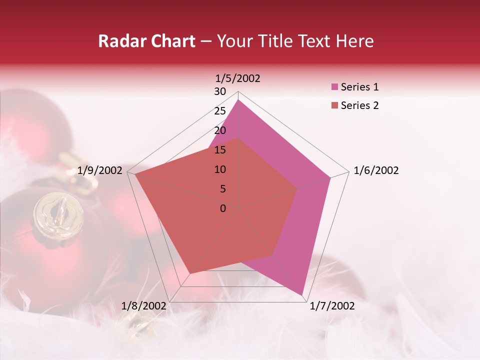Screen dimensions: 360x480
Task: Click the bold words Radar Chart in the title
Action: click(146, 41)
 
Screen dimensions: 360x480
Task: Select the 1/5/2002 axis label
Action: click(237, 78)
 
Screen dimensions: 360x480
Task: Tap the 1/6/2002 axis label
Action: click(376, 170)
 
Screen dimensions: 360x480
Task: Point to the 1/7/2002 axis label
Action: click(332, 306)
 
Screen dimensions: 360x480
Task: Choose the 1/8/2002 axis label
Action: click(144, 306)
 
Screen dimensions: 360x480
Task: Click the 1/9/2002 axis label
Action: click(99, 170)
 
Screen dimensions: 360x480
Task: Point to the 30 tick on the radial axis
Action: click(220, 91)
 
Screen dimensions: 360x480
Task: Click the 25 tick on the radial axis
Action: click(220, 111)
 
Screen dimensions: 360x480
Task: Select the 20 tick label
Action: click(220, 130)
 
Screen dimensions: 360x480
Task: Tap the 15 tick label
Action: click(220, 150)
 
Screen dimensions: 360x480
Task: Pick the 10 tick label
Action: click(220, 169)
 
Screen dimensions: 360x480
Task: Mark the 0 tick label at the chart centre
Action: click(223, 208)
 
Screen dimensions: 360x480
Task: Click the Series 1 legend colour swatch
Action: click(334, 87)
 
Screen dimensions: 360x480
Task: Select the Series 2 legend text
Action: click(359, 105)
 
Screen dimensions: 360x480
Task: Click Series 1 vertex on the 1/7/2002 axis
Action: click(302, 294)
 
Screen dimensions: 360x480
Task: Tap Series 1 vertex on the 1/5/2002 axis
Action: click(238, 100)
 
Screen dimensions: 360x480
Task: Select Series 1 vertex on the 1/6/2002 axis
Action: click(330, 177)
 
